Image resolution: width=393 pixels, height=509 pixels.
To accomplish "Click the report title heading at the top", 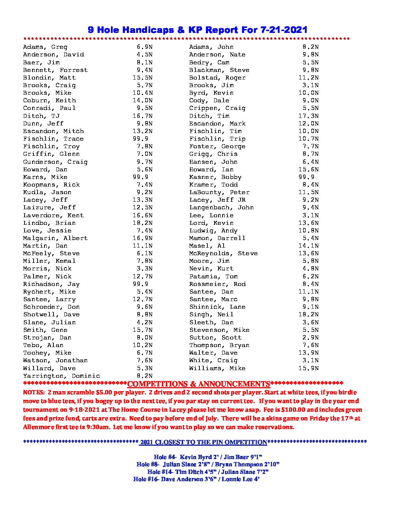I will click(198, 30).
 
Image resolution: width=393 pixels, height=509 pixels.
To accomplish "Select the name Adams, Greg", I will click(45, 47).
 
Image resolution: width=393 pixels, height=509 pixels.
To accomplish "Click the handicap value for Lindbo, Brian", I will click(142, 223).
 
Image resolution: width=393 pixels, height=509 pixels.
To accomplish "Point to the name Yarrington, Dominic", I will click(61, 376).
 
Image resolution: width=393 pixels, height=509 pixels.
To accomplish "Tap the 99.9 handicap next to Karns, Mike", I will click(140, 177).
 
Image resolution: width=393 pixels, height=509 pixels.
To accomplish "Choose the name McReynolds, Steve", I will click(223, 253).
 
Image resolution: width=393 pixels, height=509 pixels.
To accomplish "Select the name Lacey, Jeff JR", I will click(217, 200).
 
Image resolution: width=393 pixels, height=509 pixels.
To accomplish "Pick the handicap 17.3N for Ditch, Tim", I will click(308, 116).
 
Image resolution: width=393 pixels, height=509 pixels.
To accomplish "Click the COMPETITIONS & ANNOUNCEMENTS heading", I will click(199, 384).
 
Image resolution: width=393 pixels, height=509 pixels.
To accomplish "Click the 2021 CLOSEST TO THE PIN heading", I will click(203, 442).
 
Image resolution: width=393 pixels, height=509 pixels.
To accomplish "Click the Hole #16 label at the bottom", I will click(146, 479).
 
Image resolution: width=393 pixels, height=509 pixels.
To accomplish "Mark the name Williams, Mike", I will click(217, 368).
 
